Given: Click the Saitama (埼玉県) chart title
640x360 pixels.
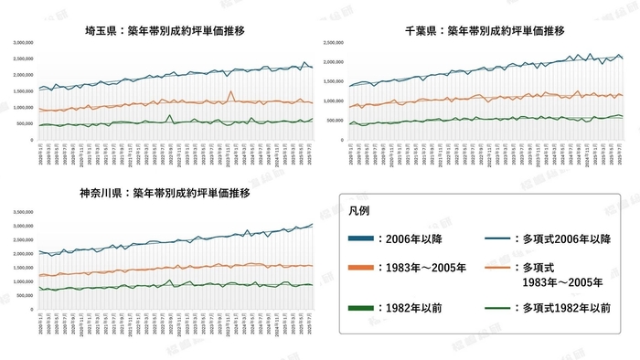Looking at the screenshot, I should tap(162, 30).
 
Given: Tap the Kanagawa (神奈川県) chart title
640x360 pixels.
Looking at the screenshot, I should tap(162, 194).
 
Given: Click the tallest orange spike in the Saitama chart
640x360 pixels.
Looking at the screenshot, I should tap(232, 92).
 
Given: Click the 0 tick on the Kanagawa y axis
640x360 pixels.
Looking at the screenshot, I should tap(30, 308).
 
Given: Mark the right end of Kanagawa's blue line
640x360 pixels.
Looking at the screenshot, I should tap(311, 224).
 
